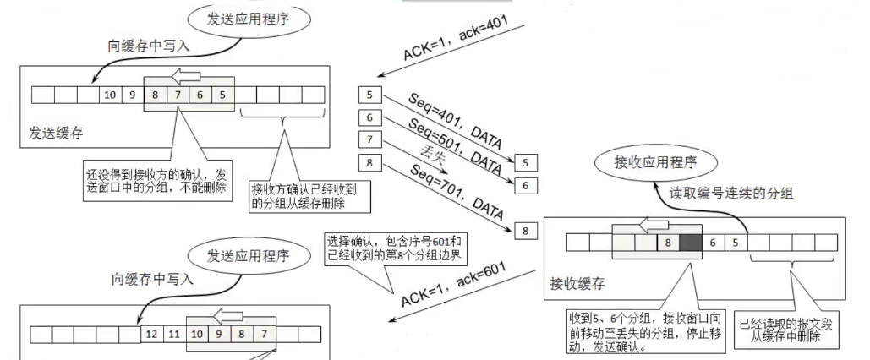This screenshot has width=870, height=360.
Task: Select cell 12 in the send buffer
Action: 152,335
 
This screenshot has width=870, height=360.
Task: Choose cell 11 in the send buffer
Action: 174,335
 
